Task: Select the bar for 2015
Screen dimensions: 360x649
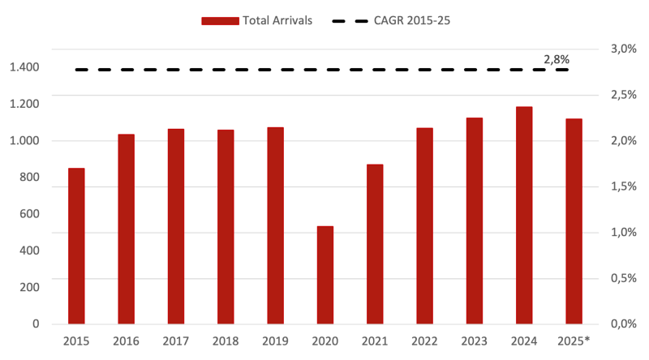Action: pyautogui.click(x=76, y=245)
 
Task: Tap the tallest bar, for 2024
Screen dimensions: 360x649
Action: pyautogui.click(x=524, y=215)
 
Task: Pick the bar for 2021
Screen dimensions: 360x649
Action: pyautogui.click(x=375, y=243)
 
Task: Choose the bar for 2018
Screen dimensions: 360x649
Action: pyautogui.click(x=226, y=226)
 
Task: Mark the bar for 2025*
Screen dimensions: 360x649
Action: pyautogui.click(x=574, y=221)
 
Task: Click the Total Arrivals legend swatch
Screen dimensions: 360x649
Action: pyautogui.click(x=221, y=21)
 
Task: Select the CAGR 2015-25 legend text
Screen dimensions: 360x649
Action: pyautogui.click(x=412, y=21)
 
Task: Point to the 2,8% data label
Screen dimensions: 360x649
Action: pyautogui.click(x=557, y=59)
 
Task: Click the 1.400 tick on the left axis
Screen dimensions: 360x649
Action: pyautogui.click(x=24, y=66)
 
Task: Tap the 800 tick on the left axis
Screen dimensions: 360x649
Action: pyautogui.click(x=30, y=178)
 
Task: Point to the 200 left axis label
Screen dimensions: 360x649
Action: pyautogui.click(x=30, y=288)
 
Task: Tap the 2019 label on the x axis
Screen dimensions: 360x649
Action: pyautogui.click(x=276, y=341)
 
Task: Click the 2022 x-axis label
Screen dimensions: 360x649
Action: pyautogui.click(x=425, y=341)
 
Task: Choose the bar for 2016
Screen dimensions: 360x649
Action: pyautogui.click(x=126, y=228)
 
